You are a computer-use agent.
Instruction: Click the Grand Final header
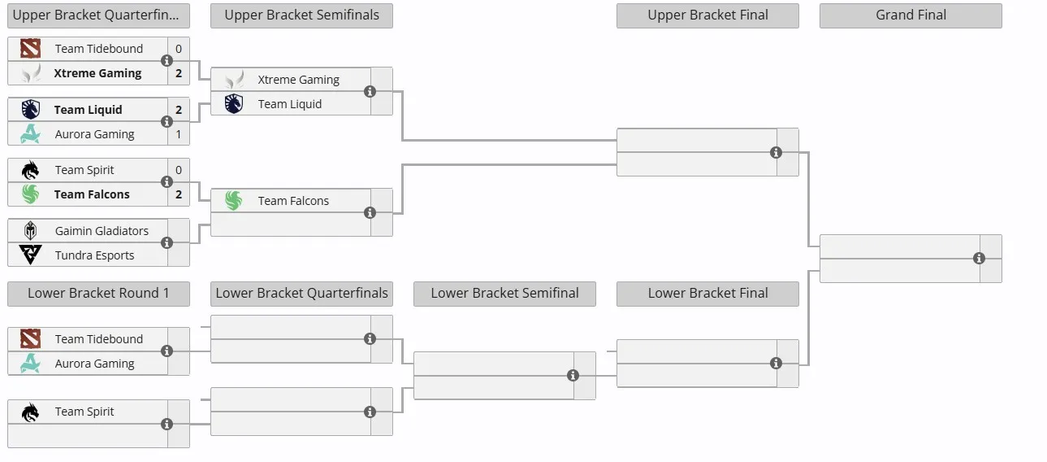tap(911, 15)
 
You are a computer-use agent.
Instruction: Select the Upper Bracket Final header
tap(707, 15)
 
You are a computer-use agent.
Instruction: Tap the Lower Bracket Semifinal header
tap(504, 294)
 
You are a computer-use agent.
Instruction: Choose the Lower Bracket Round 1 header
tap(98, 294)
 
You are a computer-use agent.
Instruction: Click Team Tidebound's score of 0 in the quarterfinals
tap(179, 49)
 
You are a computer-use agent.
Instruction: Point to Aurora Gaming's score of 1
tap(179, 134)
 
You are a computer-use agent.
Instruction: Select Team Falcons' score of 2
tap(179, 194)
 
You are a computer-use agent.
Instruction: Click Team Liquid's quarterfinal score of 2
tap(179, 110)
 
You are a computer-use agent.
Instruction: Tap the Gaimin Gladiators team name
tap(102, 231)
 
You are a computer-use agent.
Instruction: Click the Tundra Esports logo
tap(30, 255)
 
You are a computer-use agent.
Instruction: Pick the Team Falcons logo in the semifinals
tap(234, 200)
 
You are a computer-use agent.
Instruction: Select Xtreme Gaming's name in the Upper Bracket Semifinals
tap(299, 80)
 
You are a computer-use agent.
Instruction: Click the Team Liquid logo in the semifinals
tap(234, 103)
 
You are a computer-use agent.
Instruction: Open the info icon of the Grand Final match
tap(979, 259)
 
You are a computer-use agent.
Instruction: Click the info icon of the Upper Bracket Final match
tap(776, 153)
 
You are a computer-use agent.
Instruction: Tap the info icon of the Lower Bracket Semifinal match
tap(573, 376)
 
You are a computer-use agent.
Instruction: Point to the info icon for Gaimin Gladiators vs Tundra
tap(167, 243)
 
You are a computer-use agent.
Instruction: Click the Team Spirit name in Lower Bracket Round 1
tap(84, 412)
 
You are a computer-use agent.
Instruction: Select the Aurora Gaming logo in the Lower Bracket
tap(30, 364)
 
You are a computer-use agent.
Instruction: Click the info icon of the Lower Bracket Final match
tap(776, 364)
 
